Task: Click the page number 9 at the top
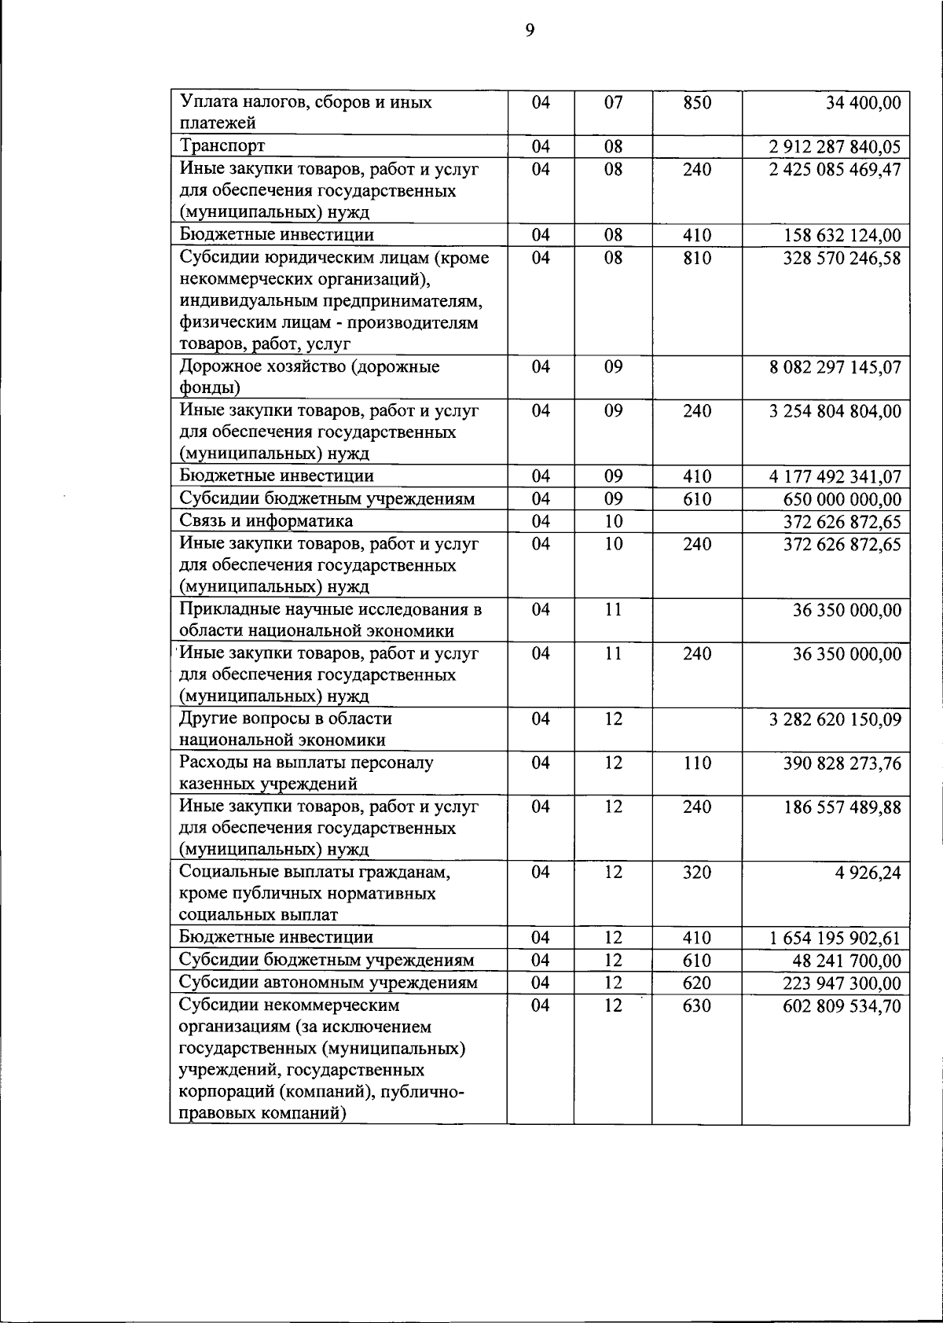click(x=530, y=31)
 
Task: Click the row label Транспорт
click(x=222, y=146)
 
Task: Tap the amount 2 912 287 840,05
click(x=835, y=147)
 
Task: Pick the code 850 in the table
click(x=696, y=103)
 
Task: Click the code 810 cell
click(x=696, y=258)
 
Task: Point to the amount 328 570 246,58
click(x=842, y=258)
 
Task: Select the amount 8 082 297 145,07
click(x=835, y=367)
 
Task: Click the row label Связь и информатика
click(x=266, y=521)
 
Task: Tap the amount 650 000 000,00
click(x=842, y=500)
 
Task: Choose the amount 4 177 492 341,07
click(x=835, y=477)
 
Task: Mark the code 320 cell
click(x=696, y=873)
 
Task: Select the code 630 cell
click(x=696, y=1006)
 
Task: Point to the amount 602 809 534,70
click(x=842, y=1006)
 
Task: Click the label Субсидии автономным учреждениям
click(x=328, y=983)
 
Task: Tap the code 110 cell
click(x=696, y=763)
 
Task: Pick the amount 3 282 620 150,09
click(x=835, y=719)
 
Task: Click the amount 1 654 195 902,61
click(x=835, y=939)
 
